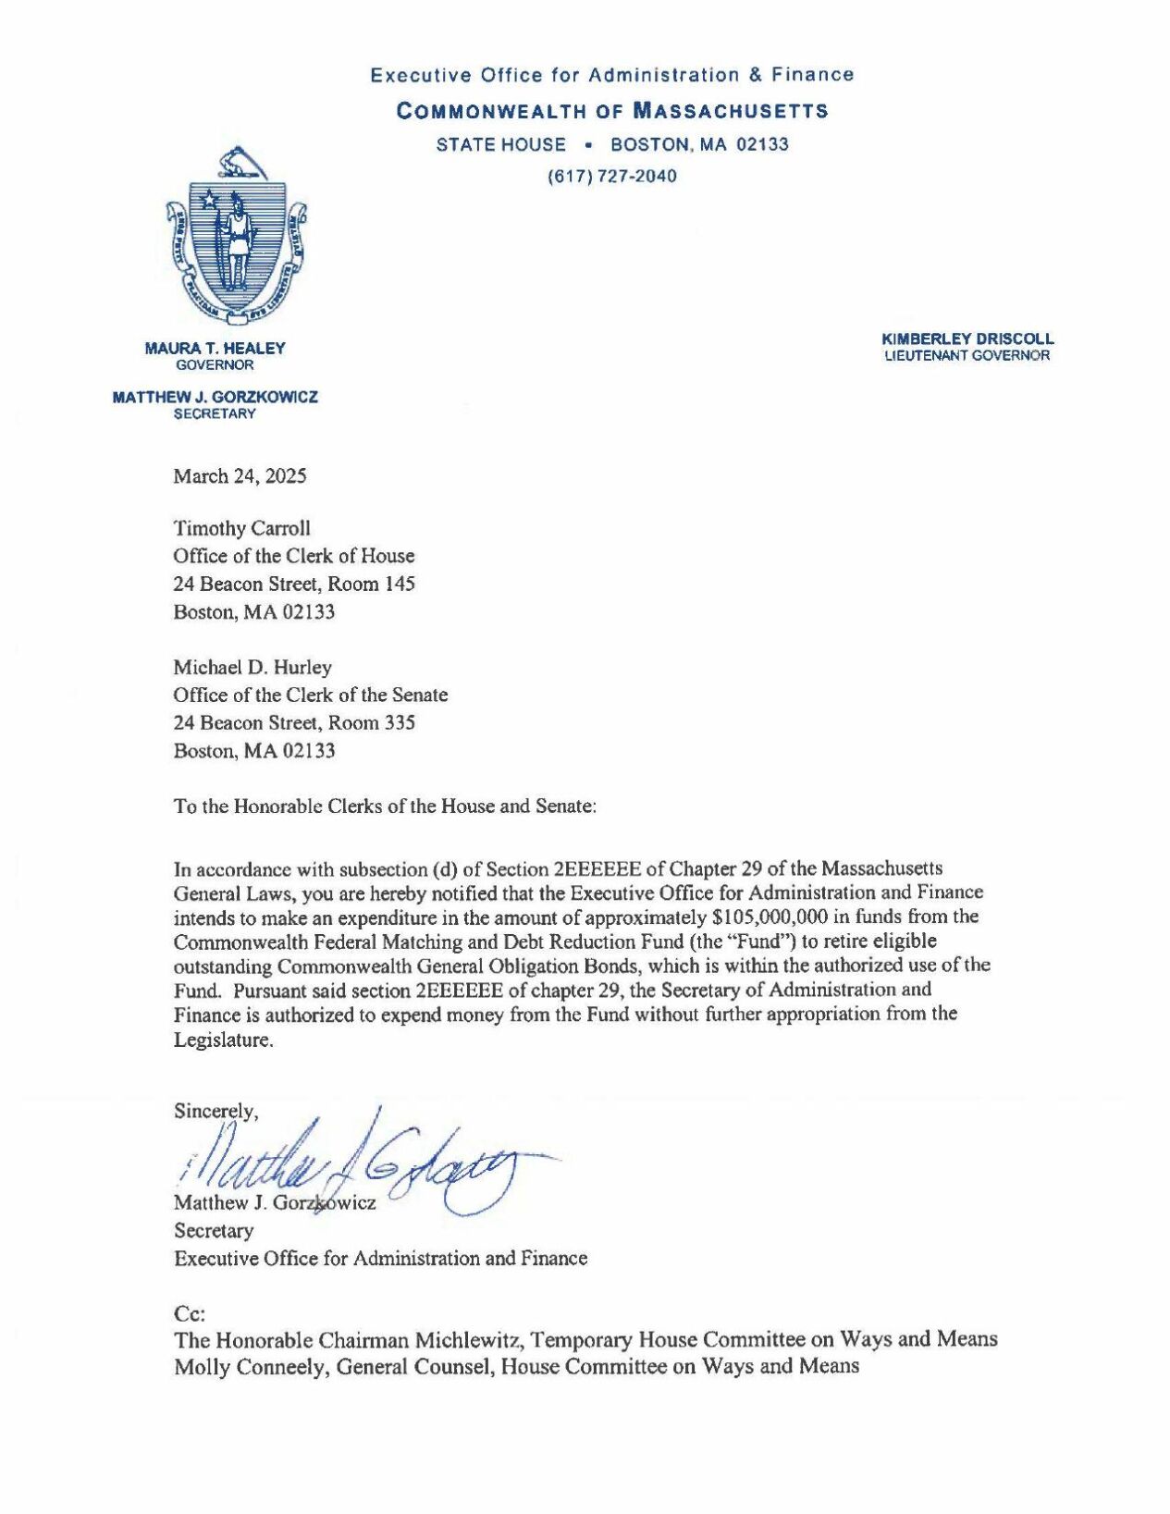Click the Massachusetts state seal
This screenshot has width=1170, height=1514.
click(x=237, y=237)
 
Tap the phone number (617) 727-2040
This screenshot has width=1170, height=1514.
click(x=612, y=176)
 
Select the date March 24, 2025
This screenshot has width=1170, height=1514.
click(x=240, y=476)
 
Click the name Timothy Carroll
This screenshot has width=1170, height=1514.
click(x=241, y=528)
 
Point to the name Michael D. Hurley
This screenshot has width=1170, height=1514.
click(x=252, y=667)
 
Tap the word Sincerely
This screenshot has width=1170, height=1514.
click(x=216, y=1111)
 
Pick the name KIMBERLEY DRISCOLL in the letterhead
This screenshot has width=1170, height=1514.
click(x=967, y=339)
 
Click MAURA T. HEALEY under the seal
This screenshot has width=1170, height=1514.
click(x=215, y=349)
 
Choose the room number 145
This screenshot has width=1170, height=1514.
click(x=400, y=584)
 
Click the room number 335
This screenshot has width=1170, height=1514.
click(x=400, y=722)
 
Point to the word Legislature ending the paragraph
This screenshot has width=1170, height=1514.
click(x=223, y=1040)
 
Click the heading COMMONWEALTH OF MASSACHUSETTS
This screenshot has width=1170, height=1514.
click(x=612, y=112)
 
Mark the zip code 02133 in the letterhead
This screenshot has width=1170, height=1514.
click(x=762, y=144)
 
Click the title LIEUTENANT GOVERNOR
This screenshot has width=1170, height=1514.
click(x=967, y=356)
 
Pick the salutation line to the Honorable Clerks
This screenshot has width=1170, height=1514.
click(x=385, y=806)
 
